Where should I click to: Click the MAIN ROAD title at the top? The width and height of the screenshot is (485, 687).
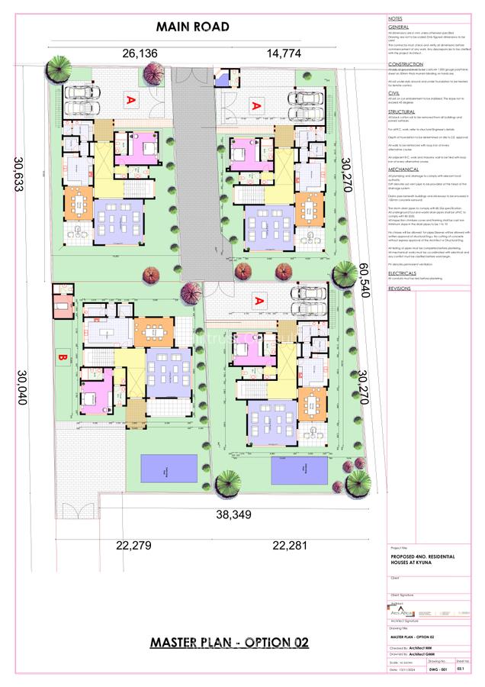click(x=192, y=27)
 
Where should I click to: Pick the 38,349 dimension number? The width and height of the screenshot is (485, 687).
click(x=233, y=515)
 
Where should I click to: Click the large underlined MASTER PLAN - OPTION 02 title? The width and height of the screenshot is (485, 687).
click(x=229, y=643)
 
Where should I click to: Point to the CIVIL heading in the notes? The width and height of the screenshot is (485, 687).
click(x=393, y=93)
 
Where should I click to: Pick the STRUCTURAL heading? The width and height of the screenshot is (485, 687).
click(x=401, y=111)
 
